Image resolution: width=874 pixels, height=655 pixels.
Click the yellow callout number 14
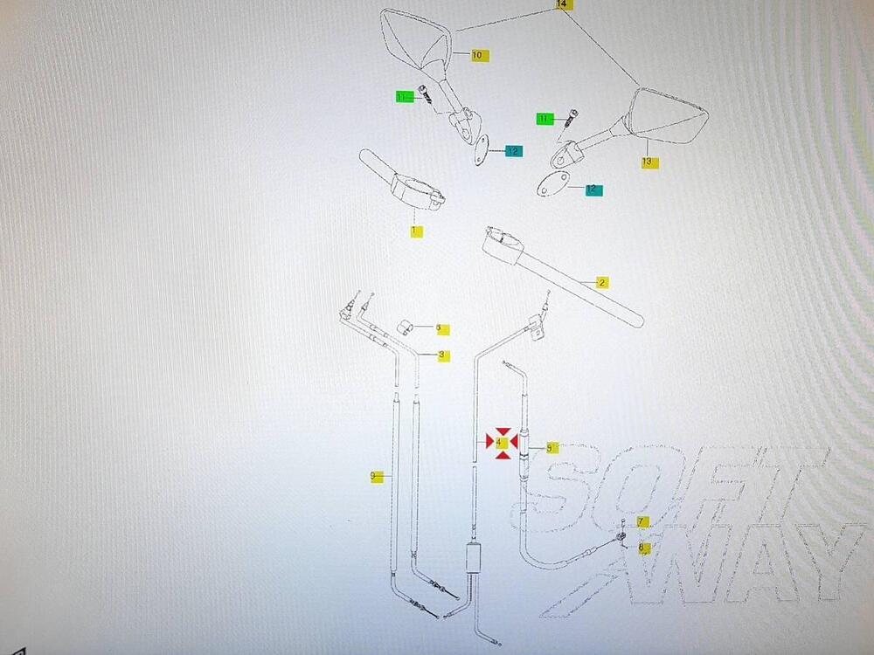pyautogui.click(x=562, y=5)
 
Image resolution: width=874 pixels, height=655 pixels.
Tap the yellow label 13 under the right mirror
pyautogui.click(x=648, y=162)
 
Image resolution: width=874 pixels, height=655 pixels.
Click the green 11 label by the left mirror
pyautogui.click(x=404, y=97)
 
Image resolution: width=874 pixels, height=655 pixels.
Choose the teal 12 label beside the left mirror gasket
pyautogui.click(x=513, y=151)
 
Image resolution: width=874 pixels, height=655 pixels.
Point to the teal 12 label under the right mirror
pyautogui.click(x=592, y=189)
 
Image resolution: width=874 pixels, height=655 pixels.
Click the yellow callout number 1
pyautogui.click(x=416, y=231)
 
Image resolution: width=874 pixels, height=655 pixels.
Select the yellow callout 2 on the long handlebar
pyautogui.click(x=602, y=282)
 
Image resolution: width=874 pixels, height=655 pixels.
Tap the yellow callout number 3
pyautogui.click(x=443, y=355)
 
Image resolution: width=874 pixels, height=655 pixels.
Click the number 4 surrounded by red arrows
pyautogui.click(x=500, y=443)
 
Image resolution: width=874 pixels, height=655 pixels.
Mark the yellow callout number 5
pyautogui.click(x=551, y=448)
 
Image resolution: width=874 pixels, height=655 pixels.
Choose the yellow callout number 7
pyautogui.click(x=642, y=522)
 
